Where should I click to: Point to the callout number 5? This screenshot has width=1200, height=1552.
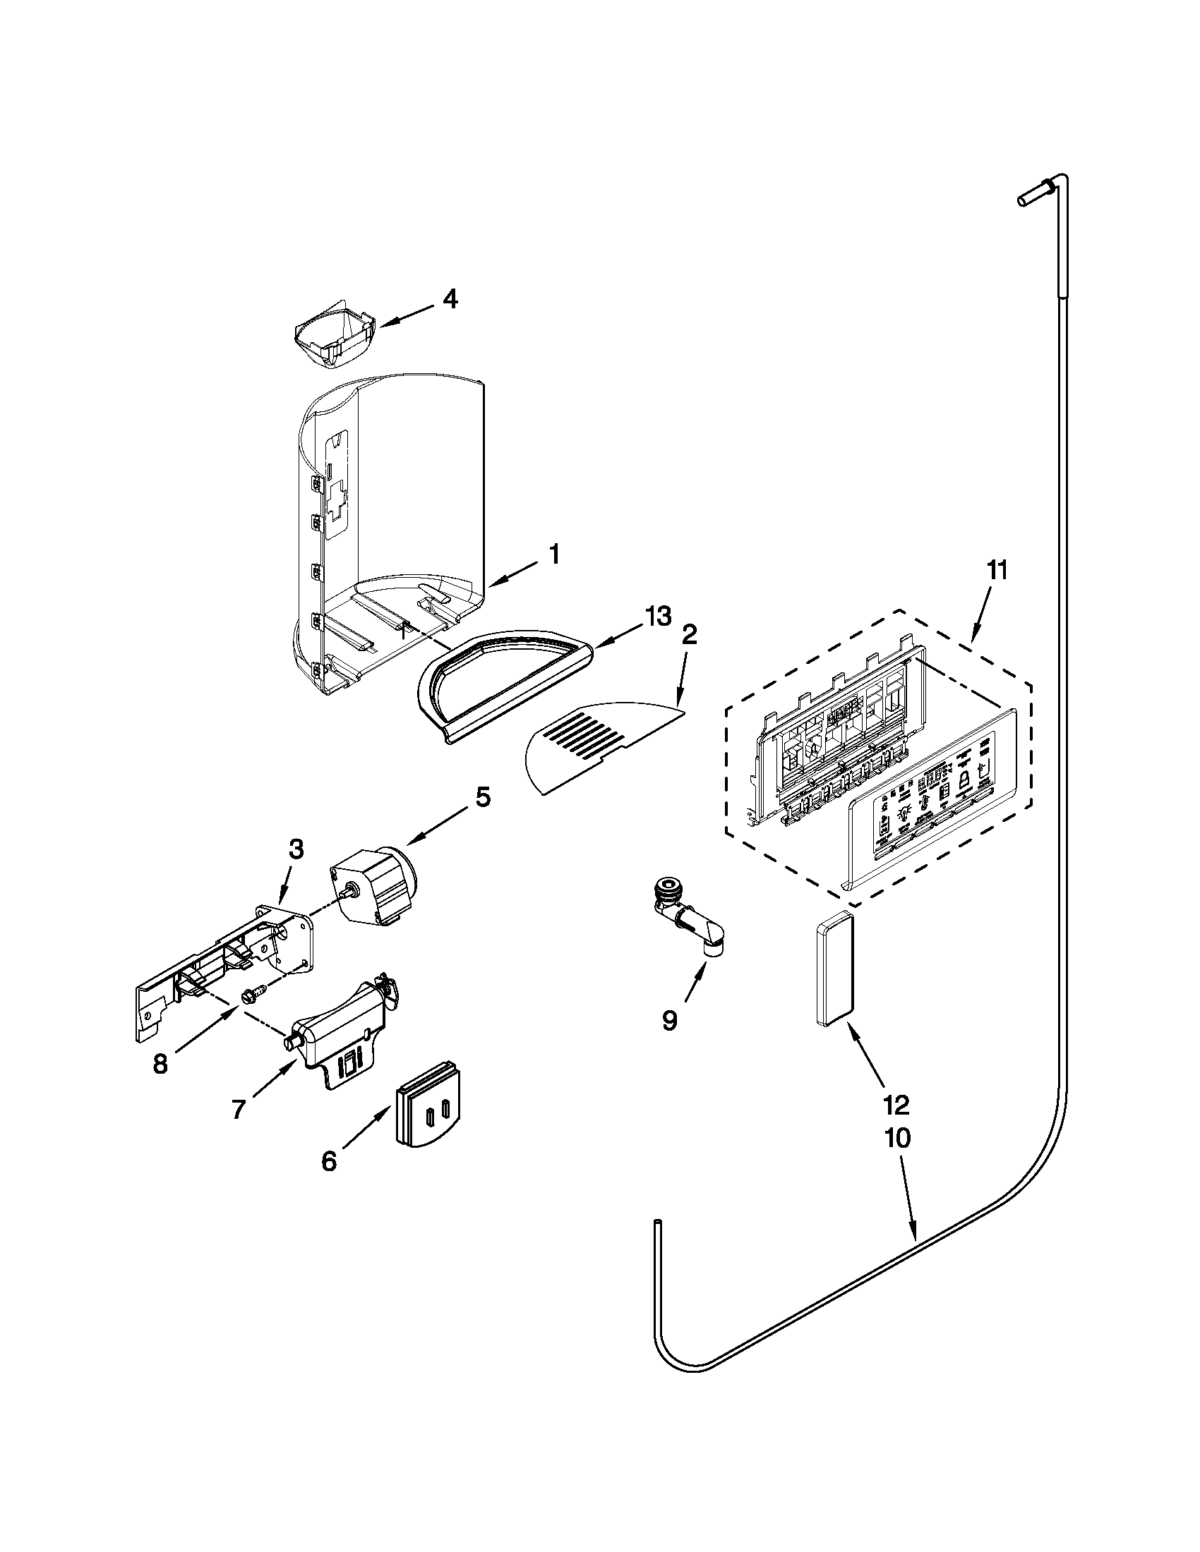tap(482, 797)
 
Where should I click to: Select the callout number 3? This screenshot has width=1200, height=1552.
tap(296, 848)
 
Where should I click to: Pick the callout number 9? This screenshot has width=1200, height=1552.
tap(669, 1019)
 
